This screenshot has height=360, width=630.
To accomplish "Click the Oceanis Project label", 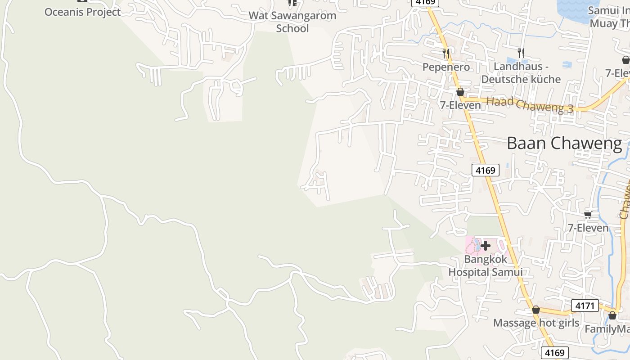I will tap(82, 12).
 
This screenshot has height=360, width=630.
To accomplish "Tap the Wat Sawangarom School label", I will tap(292, 22).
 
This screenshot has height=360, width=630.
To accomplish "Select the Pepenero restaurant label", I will tap(446, 67).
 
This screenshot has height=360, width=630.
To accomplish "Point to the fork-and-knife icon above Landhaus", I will tap(521, 53).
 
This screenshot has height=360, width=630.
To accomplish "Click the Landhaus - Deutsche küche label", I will tap(521, 73).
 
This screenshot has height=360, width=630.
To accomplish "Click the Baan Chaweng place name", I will tap(564, 144).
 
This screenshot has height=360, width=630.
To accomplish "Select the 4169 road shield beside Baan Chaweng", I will tap(485, 170).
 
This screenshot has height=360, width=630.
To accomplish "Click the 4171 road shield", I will tap(585, 306).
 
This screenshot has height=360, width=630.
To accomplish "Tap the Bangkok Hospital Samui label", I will tap(486, 265).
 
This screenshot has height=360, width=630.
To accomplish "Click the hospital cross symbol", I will tap(486, 246).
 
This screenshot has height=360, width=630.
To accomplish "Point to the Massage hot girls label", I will tap(536, 323).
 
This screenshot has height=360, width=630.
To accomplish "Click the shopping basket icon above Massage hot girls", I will tap(536, 310).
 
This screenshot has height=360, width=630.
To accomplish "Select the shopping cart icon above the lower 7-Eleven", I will tap(588, 215).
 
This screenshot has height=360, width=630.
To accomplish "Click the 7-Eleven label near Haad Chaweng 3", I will tap(460, 105).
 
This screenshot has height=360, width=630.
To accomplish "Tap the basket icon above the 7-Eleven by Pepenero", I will tap(460, 92).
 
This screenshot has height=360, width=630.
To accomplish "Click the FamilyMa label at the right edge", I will tap(607, 329).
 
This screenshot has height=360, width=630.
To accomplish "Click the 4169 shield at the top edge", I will tap(425, 2).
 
